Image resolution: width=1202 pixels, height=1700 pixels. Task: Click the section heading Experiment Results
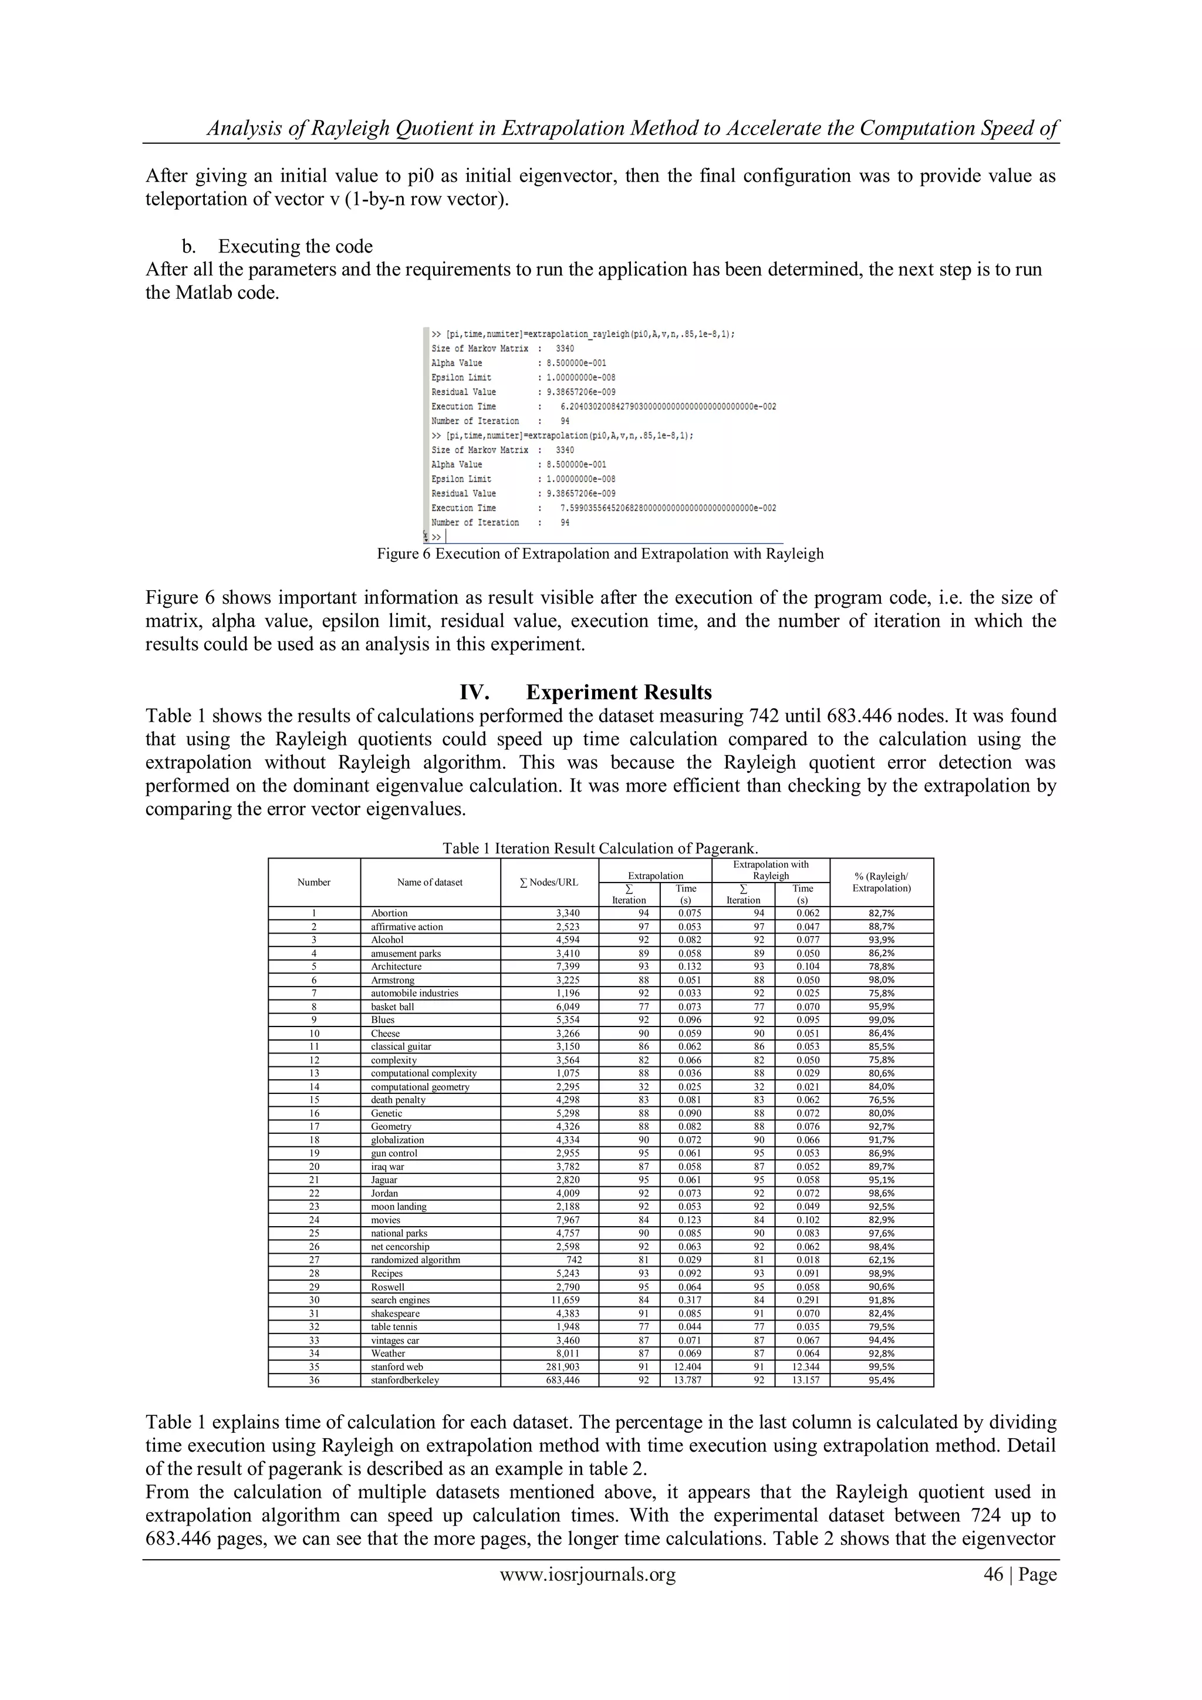pos(618,692)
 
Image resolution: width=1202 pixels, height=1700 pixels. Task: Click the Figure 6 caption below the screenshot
pos(600,554)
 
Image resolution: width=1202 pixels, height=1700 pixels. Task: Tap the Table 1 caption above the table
pos(600,849)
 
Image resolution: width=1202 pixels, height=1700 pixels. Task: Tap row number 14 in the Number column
pos(314,1086)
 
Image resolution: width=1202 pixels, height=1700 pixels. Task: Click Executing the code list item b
pos(295,246)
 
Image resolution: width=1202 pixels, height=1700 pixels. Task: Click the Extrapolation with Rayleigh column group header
pos(771,870)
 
